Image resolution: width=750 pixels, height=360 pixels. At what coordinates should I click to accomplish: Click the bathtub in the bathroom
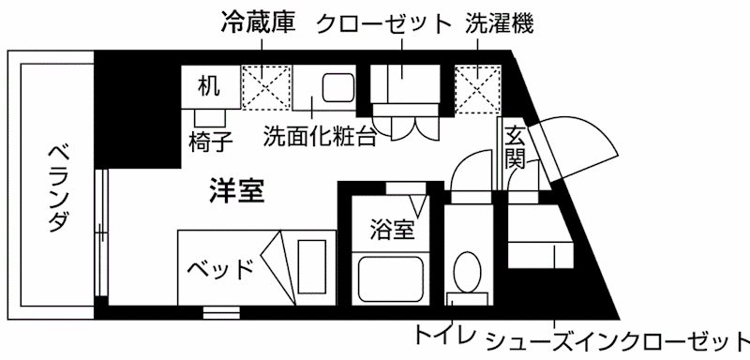[x=389, y=278]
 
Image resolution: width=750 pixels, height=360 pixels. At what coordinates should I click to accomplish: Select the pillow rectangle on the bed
[x=312, y=266]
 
